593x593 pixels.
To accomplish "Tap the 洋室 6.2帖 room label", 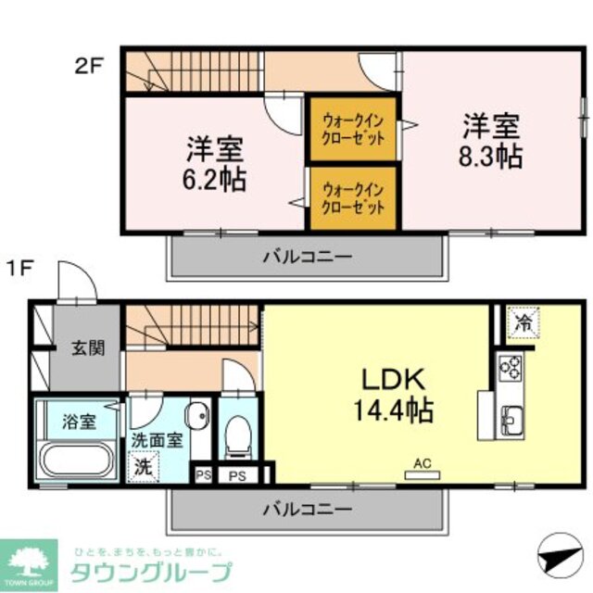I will pos(216,163).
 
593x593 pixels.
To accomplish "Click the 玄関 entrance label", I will pos(89,349).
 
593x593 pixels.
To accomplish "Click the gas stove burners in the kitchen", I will pos(511,368).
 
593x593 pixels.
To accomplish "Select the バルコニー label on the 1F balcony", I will pos(306,509).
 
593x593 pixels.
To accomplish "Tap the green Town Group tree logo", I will pos(31,560).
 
